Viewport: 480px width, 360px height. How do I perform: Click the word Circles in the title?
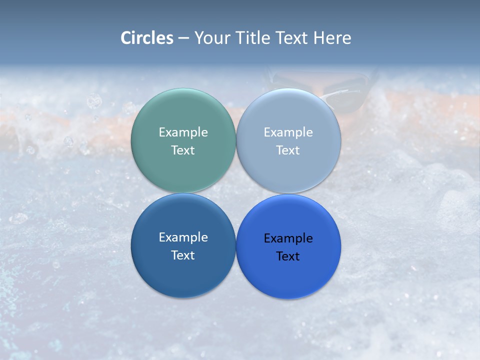tap(147, 38)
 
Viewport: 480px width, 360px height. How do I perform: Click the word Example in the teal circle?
tap(183, 132)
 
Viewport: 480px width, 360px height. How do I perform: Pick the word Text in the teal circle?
tap(183, 150)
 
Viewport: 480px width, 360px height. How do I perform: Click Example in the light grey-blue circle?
tap(288, 132)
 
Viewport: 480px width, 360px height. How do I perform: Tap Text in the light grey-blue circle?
tap(288, 150)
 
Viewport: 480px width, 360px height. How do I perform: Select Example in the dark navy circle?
tap(183, 237)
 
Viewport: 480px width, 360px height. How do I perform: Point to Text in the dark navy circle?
tap(183, 255)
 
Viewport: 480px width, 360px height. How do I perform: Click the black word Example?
tap(288, 238)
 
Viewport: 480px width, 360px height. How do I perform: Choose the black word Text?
tap(288, 256)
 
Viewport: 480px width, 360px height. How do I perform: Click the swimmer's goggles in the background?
tap(345, 92)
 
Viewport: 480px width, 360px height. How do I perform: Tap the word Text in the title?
tap(292, 38)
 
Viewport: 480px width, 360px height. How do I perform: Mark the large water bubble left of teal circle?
tap(94, 101)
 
